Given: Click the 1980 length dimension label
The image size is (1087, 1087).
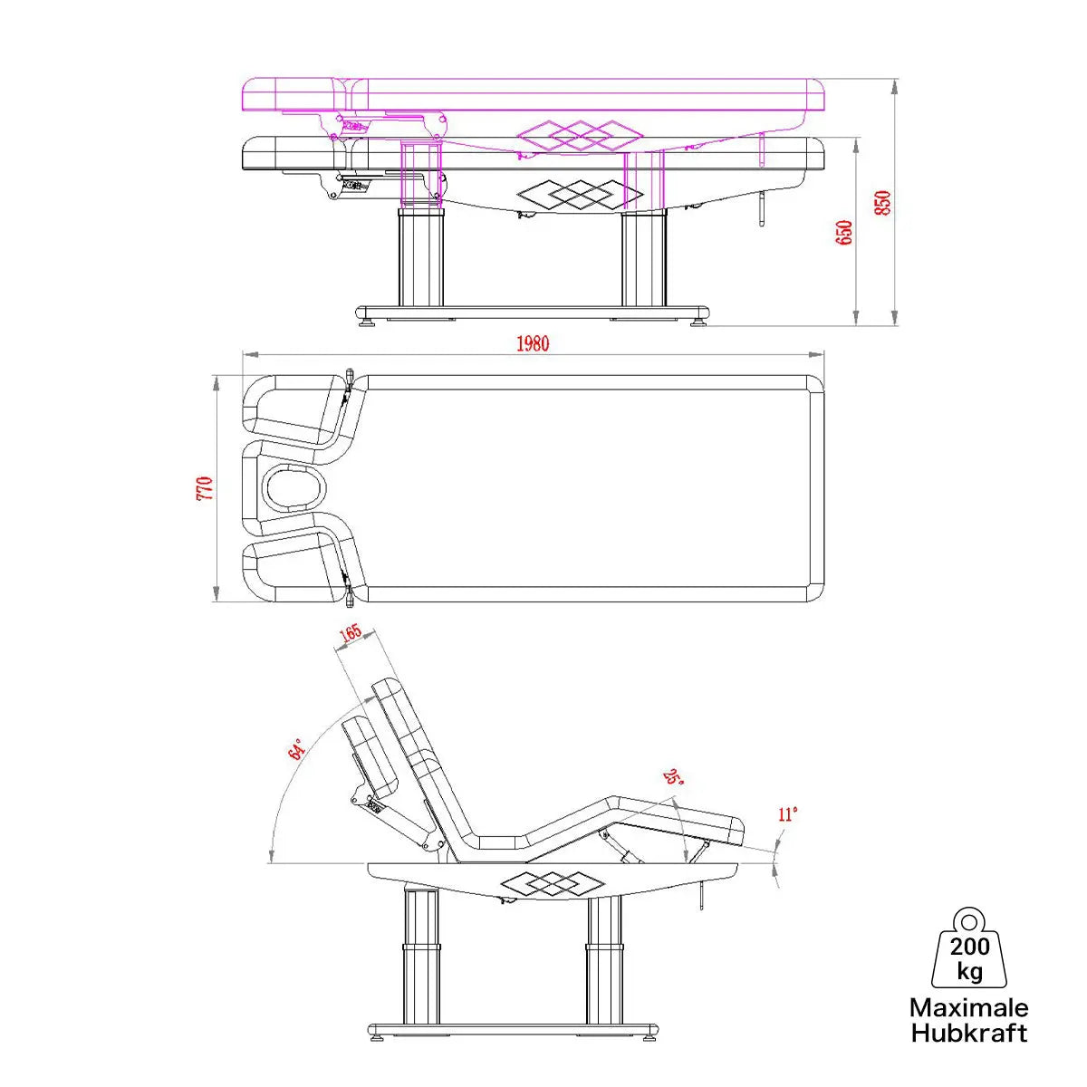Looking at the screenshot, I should point(533,343).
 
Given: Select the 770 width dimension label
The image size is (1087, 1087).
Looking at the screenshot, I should point(205,488).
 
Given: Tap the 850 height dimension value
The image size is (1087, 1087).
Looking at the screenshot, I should point(882,202).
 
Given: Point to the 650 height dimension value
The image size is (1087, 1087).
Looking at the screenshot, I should point(844,233).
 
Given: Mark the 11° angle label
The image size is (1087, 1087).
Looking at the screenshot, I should point(787,814).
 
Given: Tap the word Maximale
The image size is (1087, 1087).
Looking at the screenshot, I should point(968,1008).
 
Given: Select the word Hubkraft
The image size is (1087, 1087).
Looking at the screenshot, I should point(968,1034).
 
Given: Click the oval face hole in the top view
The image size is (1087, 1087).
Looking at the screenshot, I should point(293,488).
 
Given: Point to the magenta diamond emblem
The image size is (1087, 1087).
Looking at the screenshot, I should point(580,137).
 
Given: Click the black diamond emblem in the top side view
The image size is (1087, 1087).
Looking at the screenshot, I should point(580,193).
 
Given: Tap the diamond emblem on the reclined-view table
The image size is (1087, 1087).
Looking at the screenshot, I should point(542,883).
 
